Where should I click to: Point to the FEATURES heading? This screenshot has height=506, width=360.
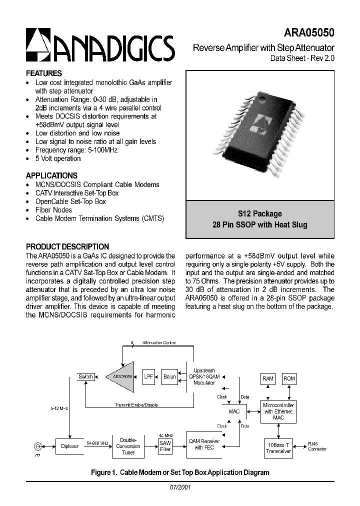point(44,73)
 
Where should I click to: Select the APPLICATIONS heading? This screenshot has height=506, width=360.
point(51,175)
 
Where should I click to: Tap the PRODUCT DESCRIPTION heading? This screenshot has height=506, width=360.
point(67,246)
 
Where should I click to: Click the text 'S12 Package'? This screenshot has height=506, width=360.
point(260,213)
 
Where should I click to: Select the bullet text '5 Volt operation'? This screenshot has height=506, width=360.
point(58,158)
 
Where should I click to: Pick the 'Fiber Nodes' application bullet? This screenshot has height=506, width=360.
point(53,210)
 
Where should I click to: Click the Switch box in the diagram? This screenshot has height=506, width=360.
point(85,376)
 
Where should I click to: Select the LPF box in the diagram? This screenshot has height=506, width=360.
point(148,376)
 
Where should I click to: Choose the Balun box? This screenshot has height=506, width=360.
point(170,376)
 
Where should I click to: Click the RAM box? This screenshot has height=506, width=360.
point(268,378)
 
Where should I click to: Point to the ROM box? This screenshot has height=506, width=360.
point(289,378)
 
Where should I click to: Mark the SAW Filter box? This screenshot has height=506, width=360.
point(165,446)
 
